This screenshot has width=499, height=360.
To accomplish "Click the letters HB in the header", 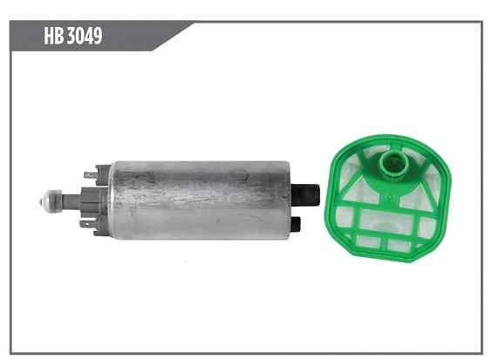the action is coord(54,35).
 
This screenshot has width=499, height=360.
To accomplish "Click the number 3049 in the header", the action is coord(85,35).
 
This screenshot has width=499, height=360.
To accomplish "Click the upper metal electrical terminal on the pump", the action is coord(91,174).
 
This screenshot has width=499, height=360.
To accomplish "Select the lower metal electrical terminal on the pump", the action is coord(87,224).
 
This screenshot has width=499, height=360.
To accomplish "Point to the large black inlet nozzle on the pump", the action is coord(305,195).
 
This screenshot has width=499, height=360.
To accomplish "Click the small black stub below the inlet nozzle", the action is coord(296,224).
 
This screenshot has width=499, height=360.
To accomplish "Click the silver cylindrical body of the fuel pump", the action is coord(200,200).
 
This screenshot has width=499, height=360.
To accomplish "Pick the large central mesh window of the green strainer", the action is coord(386,221).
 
